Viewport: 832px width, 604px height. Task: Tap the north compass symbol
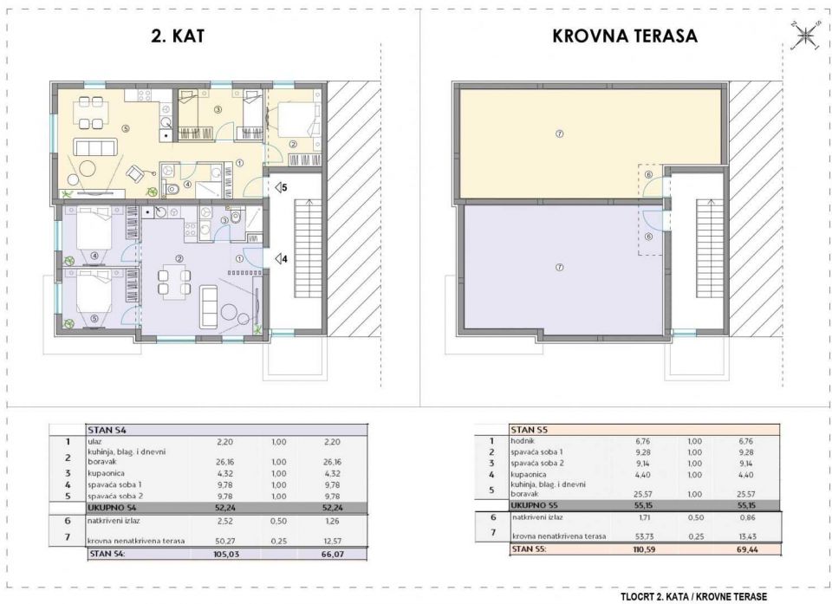pos(805,36)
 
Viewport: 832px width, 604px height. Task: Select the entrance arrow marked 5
pos(280,186)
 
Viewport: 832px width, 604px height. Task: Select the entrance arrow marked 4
pos(280,258)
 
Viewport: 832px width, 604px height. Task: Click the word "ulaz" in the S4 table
pos(96,441)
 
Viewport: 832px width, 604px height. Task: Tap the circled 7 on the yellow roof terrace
pos(560,133)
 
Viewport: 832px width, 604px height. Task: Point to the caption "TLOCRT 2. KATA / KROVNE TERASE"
pos(693,595)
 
